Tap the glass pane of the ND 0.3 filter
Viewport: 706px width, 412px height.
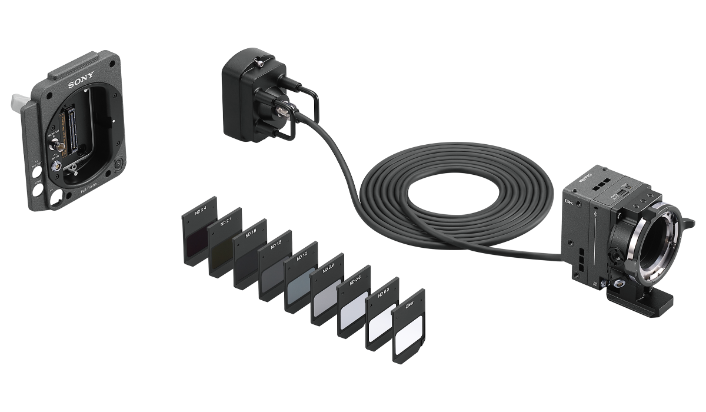click(x=381, y=323)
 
